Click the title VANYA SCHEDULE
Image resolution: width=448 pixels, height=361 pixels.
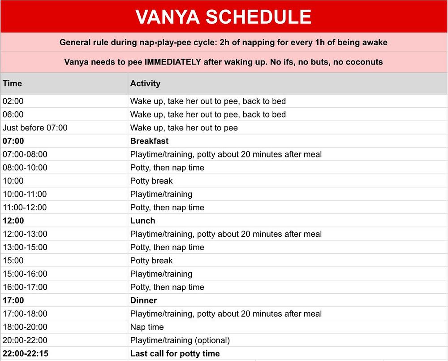tap(223, 17)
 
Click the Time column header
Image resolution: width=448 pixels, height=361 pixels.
tap(12, 83)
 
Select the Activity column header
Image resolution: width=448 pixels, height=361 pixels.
tap(145, 83)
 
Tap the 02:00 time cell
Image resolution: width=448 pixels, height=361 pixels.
tap(13, 101)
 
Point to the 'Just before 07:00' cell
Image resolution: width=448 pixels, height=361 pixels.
tap(35, 128)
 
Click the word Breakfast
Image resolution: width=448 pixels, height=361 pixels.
tap(149, 141)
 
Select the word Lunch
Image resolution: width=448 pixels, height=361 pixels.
tap(142, 221)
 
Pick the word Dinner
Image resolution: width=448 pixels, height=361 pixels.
tap(143, 300)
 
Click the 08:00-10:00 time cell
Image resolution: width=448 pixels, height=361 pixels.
tap(25, 168)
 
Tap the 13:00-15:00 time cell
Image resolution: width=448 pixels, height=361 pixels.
tap(25, 248)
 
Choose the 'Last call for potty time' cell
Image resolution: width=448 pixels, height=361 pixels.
tap(175, 354)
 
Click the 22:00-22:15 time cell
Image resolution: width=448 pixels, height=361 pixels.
tap(26, 354)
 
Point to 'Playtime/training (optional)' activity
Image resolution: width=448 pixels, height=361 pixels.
tap(180, 340)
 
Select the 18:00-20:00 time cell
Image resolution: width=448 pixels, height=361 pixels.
tap(25, 327)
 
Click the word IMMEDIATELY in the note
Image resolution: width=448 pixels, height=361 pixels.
tap(173, 62)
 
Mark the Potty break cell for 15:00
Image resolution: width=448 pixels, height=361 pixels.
tap(151, 261)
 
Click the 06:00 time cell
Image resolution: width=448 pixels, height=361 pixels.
tap(13, 115)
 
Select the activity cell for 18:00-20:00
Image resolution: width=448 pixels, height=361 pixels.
tap(147, 327)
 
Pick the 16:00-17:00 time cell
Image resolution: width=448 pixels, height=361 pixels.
tap(25, 287)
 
